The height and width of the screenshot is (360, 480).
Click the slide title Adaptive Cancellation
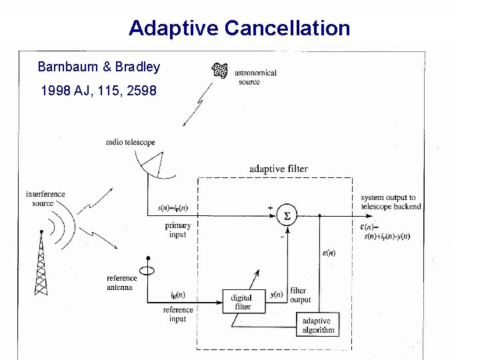[239, 28]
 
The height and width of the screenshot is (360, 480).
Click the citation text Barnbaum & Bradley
[99, 67]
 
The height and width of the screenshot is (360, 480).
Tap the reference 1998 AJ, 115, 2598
[99, 90]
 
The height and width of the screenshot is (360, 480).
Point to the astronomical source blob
[220, 69]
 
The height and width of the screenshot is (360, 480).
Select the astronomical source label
[255, 77]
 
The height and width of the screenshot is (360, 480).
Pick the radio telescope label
[130, 142]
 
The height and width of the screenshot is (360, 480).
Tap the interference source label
[45, 199]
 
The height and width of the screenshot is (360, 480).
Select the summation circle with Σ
[287, 215]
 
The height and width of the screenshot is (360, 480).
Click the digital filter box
[241, 302]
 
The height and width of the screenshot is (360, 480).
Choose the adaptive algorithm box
[317, 325]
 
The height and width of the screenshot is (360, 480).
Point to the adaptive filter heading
[279, 169]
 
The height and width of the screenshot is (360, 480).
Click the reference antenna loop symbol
[148, 270]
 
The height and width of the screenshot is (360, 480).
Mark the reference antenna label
[121, 283]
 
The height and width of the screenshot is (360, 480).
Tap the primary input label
[177, 230]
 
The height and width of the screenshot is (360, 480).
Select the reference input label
[178, 314]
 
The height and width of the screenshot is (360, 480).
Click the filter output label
[300, 295]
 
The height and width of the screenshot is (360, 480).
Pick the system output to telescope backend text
[391, 202]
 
